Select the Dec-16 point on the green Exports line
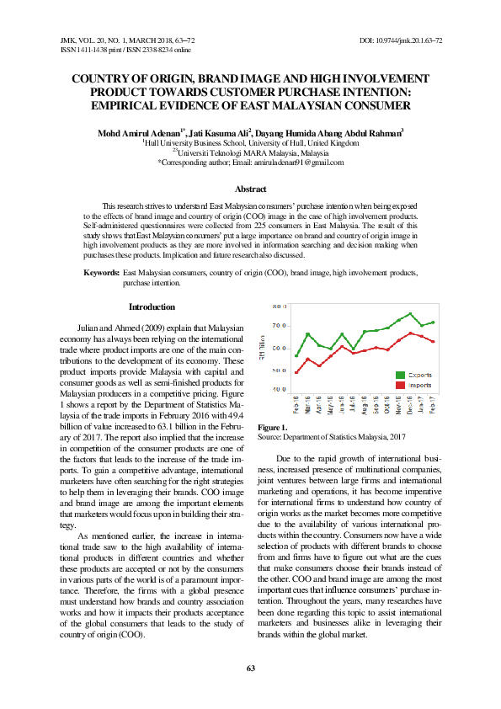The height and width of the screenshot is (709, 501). pyautogui.click(x=410, y=314)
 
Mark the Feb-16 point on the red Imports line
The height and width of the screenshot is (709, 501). pyautogui.click(x=296, y=372)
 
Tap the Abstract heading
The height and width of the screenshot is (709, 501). pyautogui.click(x=250, y=190)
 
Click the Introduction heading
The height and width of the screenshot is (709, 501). pyautogui.click(x=152, y=307)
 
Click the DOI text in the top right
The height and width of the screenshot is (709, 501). pyautogui.click(x=401, y=40)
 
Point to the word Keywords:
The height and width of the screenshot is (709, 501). pyautogui.click(x=102, y=274)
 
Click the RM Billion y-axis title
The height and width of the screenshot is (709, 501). pyautogui.click(x=263, y=345)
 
